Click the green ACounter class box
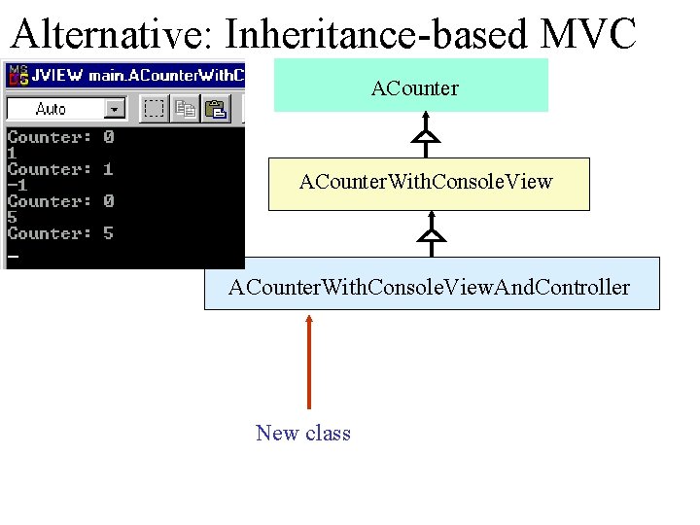411,87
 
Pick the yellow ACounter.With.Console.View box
429,184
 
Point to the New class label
303,434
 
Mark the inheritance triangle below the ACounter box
426,137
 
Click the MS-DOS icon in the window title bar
17,74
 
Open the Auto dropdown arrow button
116,109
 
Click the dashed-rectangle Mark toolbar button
153,109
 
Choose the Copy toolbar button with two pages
186,109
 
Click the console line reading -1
17,186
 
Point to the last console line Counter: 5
60,233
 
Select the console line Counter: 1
60,169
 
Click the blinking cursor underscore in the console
13,256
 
